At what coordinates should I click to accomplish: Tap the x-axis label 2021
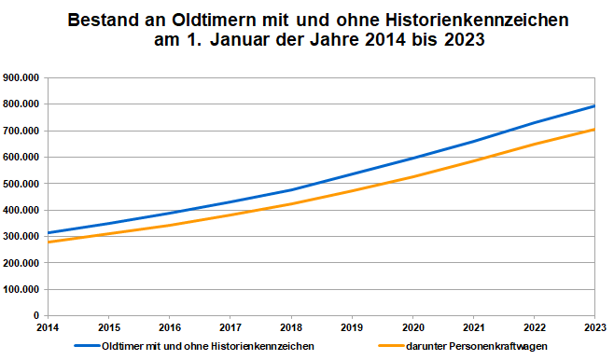[x=472, y=328]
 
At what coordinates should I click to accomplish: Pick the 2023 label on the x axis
[x=594, y=328]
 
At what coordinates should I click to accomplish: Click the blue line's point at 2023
[x=594, y=106]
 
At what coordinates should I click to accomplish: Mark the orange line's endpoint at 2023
[x=594, y=130]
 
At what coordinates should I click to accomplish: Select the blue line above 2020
[x=412, y=159]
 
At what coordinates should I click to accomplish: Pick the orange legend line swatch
[x=386, y=346]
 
